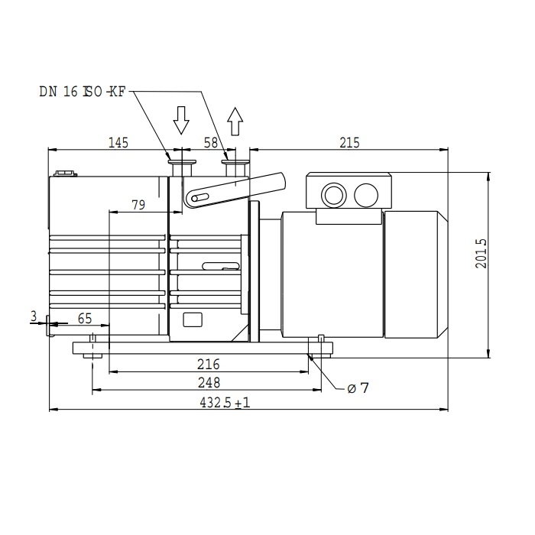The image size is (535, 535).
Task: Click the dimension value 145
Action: click(118, 142)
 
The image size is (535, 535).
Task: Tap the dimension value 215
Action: click(348, 142)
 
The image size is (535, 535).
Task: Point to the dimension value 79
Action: click(138, 204)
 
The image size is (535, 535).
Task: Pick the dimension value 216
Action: click(209, 364)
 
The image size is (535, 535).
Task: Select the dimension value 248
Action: click(208, 382)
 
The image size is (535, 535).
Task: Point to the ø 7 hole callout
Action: click(358, 388)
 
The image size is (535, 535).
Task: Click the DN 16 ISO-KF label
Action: click(83, 92)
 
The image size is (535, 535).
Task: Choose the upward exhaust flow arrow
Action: click(235, 120)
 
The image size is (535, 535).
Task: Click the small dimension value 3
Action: click(34, 315)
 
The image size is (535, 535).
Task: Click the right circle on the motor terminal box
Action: click(366, 195)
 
